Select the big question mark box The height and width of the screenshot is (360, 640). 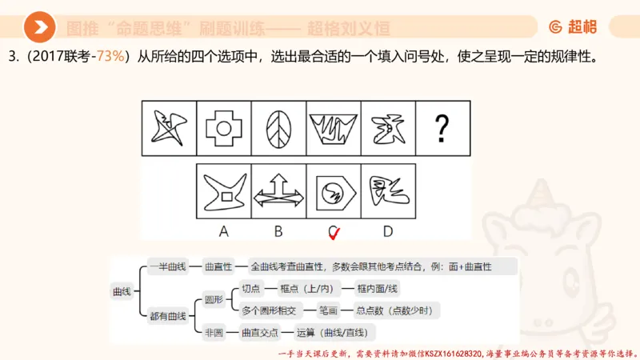click(441, 128)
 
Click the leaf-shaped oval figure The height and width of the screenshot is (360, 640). click(278, 128)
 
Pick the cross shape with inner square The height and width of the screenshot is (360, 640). click(222, 128)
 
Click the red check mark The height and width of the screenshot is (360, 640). click(334, 233)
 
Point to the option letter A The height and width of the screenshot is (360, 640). click(224, 231)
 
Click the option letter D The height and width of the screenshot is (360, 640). click(388, 231)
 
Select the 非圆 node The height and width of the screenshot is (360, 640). click(214, 332)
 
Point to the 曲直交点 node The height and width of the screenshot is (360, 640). click(259, 332)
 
